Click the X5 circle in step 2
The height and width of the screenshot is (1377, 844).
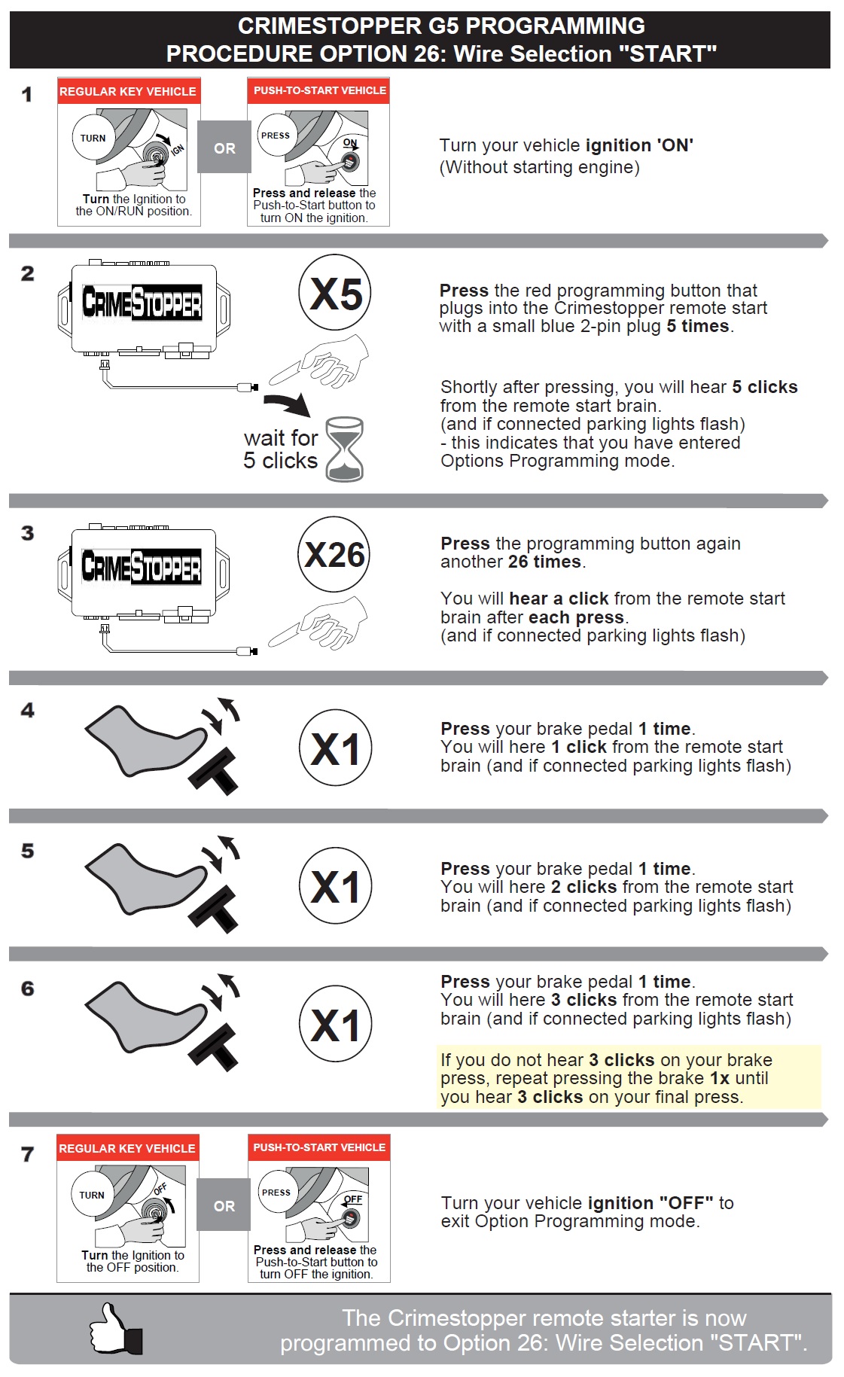pyautogui.click(x=336, y=293)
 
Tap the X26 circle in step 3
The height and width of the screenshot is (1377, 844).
pyautogui.click(x=334, y=555)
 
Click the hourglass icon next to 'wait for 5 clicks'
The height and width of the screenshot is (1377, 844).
pyautogui.click(x=345, y=449)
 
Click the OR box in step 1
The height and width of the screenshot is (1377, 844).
pyautogui.click(x=224, y=148)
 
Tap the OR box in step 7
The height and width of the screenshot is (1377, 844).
pyautogui.click(x=224, y=1205)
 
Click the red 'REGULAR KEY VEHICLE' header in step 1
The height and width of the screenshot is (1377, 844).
pyautogui.click(x=128, y=91)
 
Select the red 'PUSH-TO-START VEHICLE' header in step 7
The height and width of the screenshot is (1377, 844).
pyautogui.click(x=319, y=1147)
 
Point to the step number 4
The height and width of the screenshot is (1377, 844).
pyautogui.click(x=28, y=710)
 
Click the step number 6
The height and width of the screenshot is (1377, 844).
pyautogui.click(x=28, y=989)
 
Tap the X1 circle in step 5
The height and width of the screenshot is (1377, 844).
pyautogui.click(x=336, y=886)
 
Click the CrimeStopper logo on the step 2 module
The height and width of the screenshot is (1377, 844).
pyautogui.click(x=142, y=303)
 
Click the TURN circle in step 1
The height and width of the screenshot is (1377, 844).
pyautogui.click(x=93, y=138)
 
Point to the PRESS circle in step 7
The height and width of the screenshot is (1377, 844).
pyautogui.click(x=276, y=1193)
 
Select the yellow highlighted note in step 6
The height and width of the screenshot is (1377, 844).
pyautogui.click(x=629, y=1077)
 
